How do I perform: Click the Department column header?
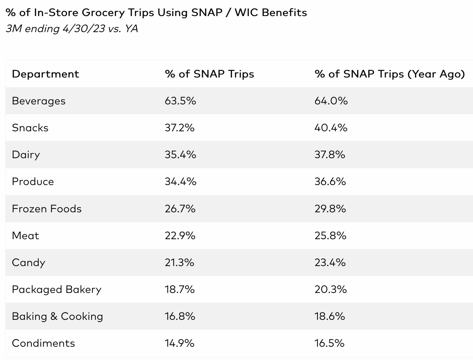pos(45,74)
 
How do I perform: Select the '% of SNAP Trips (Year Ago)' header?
pos(390,74)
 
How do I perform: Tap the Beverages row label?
pos(39,101)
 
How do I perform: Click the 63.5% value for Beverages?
pos(180,101)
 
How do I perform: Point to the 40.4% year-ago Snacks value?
pos(331,128)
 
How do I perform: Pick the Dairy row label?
pos(26,155)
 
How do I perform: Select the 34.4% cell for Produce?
pos(180,182)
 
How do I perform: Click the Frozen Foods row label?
pos(47,209)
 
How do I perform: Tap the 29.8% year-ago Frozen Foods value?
pos(330,209)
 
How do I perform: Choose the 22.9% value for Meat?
pos(180,236)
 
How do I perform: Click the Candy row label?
pos(29,263)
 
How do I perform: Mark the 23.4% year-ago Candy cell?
pos(330,263)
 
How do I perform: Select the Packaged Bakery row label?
pos(57,289)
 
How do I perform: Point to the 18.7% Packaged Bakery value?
pos(180,289)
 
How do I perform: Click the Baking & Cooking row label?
pos(58,316)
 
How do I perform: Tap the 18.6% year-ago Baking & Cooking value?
pos(329,316)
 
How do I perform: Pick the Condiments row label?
pos(43,343)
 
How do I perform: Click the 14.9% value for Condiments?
pos(179,343)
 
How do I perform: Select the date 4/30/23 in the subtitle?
pos(84,29)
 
